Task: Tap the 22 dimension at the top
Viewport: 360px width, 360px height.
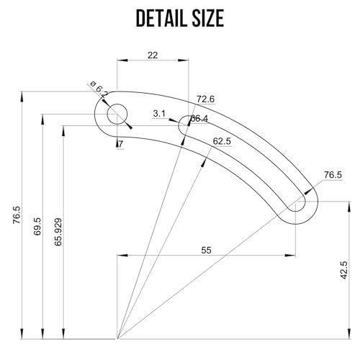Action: [153, 55]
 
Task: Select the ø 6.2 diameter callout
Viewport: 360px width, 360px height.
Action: [101, 90]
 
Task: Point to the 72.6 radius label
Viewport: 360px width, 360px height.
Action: [205, 99]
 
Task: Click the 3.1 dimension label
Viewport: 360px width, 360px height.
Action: [160, 113]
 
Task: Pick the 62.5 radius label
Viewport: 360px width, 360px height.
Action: [222, 141]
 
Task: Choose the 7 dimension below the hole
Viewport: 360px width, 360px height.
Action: [120, 144]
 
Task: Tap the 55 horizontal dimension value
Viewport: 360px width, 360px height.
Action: [206, 250]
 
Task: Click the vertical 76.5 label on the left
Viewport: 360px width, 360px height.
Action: [17, 216]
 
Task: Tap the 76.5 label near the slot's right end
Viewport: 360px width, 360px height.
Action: [332, 175]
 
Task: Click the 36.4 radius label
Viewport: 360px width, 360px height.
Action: [199, 118]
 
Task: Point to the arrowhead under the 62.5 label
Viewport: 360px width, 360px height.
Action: [205, 161]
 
